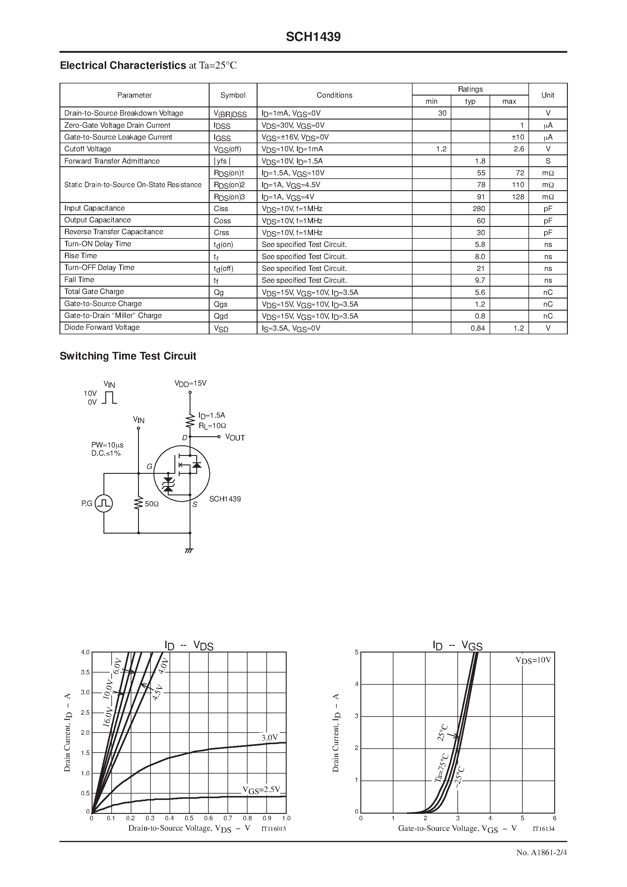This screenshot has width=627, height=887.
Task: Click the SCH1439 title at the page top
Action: tap(313, 37)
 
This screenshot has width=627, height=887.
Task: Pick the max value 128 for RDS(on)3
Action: tap(518, 197)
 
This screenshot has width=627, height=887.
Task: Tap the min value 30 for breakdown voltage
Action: tap(442, 113)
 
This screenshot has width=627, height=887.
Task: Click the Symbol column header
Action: tap(233, 95)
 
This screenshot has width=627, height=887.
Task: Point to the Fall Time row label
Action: tap(79, 280)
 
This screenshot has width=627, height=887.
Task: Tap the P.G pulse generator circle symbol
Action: tap(103, 503)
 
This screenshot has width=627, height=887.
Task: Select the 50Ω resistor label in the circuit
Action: tap(151, 504)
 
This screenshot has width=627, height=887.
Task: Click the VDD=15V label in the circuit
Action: tap(190, 383)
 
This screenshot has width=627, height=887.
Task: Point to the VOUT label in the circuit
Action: tap(235, 437)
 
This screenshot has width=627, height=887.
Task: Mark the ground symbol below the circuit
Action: tap(189, 550)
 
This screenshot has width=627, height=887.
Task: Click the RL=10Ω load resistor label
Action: tap(212, 425)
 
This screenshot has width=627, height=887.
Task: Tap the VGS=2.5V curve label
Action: tap(261, 790)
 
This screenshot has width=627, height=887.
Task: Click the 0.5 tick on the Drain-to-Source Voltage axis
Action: tap(189, 818)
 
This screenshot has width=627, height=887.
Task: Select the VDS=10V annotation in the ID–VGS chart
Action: tap(533, 660)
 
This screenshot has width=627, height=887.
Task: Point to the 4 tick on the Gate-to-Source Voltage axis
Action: tap(490, 818)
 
